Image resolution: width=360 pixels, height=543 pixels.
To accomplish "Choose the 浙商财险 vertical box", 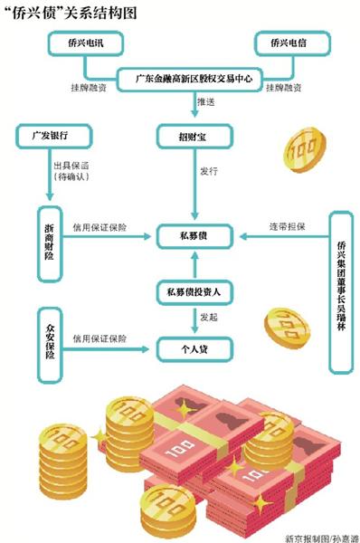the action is [49, 237].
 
